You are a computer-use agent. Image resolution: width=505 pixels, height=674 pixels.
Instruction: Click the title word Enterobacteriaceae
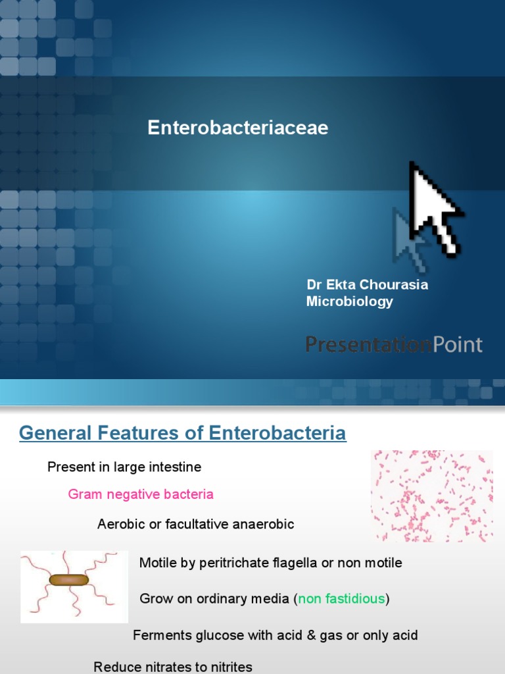pos(237,128)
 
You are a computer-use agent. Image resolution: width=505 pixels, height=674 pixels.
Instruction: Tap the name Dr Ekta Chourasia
pos(367,285)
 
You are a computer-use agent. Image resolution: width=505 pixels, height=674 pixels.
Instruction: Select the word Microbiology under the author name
pos(349,301)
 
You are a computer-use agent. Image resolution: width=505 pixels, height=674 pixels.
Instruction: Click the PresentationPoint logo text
pos(394,344)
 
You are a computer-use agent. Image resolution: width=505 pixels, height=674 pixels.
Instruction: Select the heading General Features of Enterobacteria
pos(183,433)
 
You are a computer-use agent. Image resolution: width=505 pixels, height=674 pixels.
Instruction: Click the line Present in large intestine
pos(124,467)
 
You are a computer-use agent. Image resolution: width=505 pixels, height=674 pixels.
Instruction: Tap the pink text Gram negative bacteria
pos(141,494)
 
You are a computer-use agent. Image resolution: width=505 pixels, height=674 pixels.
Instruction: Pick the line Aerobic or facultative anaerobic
pos(195,525)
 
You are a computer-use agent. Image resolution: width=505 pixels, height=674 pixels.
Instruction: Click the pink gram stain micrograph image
pos(432,496)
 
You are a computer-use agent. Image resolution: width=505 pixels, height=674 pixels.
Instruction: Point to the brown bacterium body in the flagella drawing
pos(68,580)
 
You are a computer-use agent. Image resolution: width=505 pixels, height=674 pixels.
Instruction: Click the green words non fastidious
pos(342,599)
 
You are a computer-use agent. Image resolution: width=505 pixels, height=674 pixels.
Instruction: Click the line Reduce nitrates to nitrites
pos(173,667)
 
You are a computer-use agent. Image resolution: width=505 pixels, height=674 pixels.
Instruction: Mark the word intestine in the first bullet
pos(178,467)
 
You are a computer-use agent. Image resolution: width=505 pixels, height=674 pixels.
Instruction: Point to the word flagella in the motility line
pos(314,563)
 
